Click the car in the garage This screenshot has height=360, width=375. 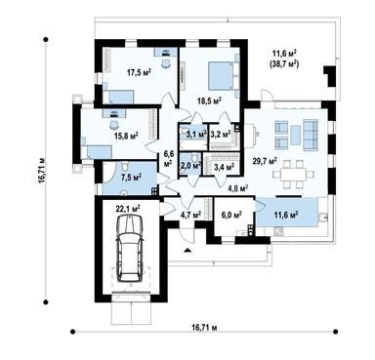click(130, 249)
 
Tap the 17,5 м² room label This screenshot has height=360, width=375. click(139, 73)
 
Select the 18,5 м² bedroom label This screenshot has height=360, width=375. click(209, 100)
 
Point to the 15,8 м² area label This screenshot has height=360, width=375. click(127, 135)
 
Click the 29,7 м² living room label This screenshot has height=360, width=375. click(265, 160)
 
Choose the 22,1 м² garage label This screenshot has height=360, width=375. click(128, 209)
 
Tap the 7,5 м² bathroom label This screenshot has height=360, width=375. click(131, 178)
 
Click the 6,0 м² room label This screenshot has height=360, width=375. click(231, 215)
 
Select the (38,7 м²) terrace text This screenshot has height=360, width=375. click(284, 64)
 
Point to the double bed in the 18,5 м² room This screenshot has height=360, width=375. click(223, 76)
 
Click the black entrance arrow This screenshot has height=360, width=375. click(187, 250)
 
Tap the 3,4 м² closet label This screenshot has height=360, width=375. click(224, 168)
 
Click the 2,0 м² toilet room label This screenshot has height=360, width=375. click(190, 166)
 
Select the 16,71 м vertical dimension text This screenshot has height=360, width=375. click(41, 172)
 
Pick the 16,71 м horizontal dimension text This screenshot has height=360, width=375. click(204, 328)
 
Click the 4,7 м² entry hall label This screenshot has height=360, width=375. click(190, 215)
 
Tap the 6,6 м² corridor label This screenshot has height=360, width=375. click(168, 159)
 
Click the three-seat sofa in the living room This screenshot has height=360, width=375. click(311, 135)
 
